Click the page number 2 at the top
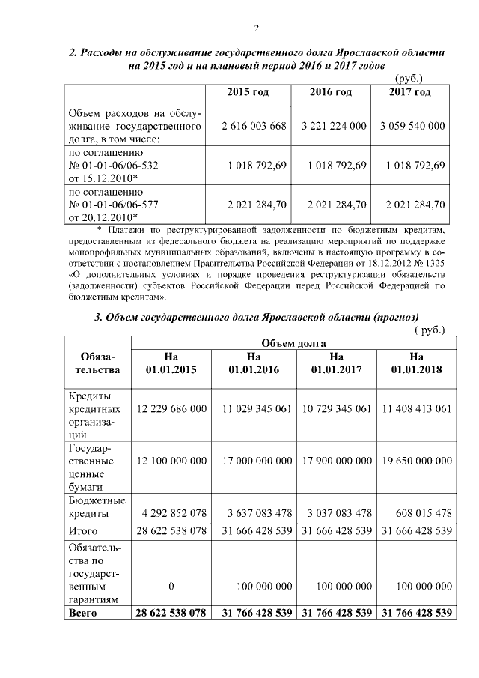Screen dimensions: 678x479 point(256,29)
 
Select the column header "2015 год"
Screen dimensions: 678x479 point(248,92)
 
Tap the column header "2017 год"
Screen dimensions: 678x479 point(409,92)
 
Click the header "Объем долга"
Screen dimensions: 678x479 point(293,343)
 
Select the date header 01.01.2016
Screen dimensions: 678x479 point(254,369)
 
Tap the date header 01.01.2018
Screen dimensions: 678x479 point(417,369)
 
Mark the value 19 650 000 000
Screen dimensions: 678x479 point(417,461)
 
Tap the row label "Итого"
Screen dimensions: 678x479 point(83,531)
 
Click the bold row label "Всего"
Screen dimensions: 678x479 point(82,613)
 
